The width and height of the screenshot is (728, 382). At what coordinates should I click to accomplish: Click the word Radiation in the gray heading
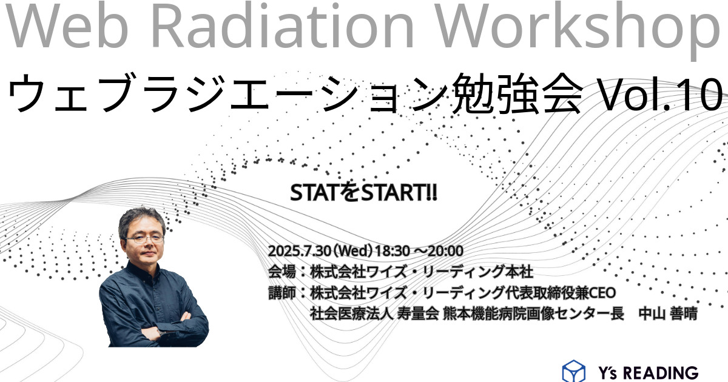tap(282, 25)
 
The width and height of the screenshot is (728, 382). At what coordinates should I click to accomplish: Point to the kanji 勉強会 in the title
tap(517, 93)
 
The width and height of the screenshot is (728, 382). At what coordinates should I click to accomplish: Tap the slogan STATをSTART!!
tap(363, 193)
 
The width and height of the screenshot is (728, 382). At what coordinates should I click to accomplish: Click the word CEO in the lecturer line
tap(602, 293)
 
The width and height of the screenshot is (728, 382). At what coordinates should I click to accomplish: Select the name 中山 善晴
tap(668, 313)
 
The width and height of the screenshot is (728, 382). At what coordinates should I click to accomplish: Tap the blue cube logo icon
tap(574, 371)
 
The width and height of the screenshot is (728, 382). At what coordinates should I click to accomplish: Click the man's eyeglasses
tap(145, 239)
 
